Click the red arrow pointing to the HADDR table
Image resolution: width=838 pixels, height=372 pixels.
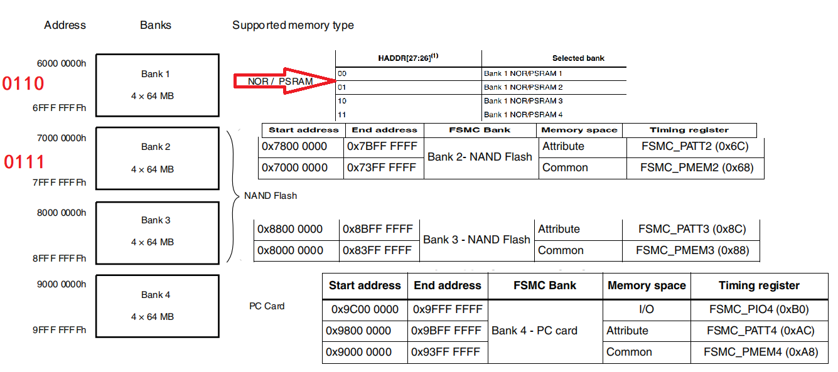coord(286,81)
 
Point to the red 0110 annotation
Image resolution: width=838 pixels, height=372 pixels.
coord(23,83)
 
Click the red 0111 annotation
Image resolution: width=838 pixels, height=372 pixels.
coord(24,162)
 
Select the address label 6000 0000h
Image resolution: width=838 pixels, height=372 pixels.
coord(62,63)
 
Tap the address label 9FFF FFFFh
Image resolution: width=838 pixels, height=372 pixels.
coord(60,330)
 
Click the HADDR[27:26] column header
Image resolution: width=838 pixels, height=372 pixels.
coord(408,58)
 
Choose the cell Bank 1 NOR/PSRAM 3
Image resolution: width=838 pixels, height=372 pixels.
coord(523,101)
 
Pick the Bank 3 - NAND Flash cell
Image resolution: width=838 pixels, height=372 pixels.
coord(476,240)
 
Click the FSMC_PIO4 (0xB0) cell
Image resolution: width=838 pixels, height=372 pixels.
coord(758,309)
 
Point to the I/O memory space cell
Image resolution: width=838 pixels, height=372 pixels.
coord(646,309)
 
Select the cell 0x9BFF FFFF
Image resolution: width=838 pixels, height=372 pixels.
coord(446,331)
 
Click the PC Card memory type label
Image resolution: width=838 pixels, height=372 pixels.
coord(267,306)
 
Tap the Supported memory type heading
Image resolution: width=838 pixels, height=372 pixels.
coord(293,26)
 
